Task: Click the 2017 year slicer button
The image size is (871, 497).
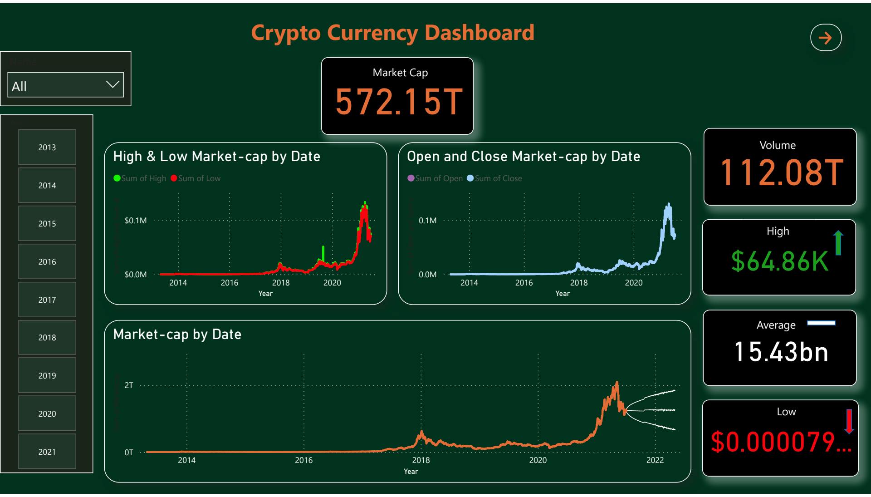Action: click(x=47, y=300)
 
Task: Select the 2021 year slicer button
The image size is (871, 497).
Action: click(x=47, y=452)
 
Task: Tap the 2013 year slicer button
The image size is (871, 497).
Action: click(x=47, y=147)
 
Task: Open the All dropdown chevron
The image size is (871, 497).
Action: click(x=112, y=85)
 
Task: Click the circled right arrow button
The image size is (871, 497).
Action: click(x=826, y=38)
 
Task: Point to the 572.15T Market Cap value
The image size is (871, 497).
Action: click(x=399, y=102)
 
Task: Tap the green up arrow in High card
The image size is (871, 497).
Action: click(x=838, y=243)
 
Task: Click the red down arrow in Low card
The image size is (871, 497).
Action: click(x=849, y=421)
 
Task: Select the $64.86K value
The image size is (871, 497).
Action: click(x=779, y=261)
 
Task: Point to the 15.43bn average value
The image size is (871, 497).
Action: click(x=781, y=352)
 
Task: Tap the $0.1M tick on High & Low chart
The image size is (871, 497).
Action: click(x=136, y=221)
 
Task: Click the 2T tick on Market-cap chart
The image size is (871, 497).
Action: click(x=129, y=385)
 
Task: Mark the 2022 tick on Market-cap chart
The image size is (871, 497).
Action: click(x=655, y=460)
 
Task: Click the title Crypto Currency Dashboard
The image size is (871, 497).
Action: click(x=392, y=33)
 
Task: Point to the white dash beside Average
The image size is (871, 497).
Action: click(x=821, y=323)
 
